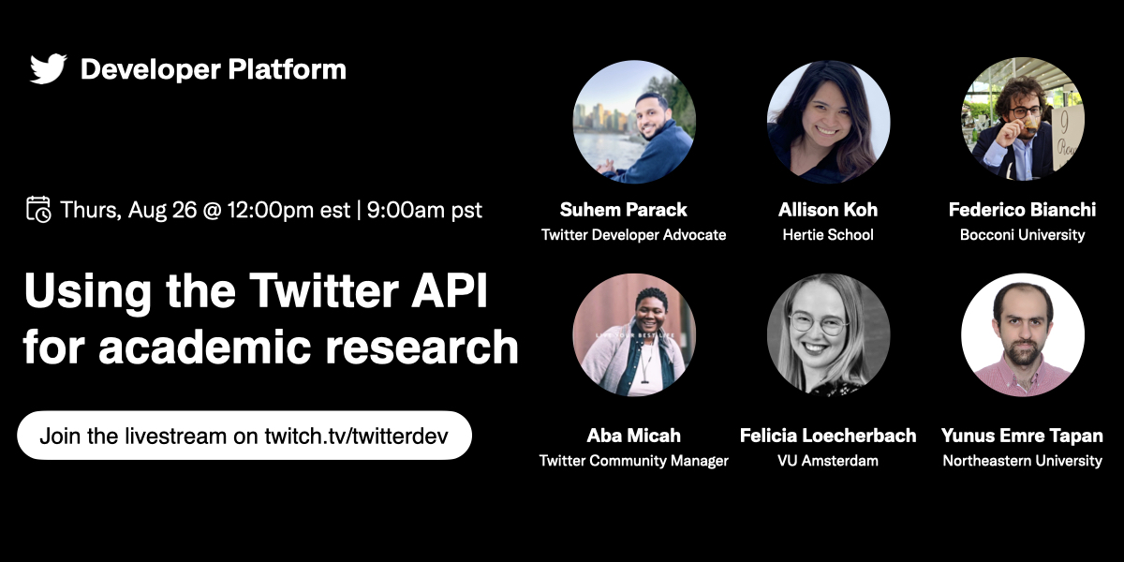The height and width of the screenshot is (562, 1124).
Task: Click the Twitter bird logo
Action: [48, 69]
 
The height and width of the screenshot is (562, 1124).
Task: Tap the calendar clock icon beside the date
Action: [38, 209]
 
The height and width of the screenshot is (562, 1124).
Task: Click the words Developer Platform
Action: [214, 69]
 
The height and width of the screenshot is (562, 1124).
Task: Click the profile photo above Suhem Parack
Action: [634, 122]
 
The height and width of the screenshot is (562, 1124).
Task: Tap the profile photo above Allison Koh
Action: [828, 122]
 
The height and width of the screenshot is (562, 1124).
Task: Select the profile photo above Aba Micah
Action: [634, 334]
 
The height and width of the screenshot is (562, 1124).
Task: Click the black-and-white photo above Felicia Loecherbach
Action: [828, 334]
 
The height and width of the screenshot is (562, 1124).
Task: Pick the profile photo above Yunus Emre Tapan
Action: [1023, 334]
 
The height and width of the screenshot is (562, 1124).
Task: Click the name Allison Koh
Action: [828, 209]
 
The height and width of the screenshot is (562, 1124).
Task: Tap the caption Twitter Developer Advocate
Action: [634, 234]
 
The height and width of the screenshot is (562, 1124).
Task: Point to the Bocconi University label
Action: [1023, 234]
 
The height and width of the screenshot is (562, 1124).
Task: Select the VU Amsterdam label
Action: [828, 460]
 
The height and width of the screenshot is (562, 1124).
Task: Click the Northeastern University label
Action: [1023, 460]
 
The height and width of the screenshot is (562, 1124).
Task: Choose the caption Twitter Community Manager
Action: [634, 460]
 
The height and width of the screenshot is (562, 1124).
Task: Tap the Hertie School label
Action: [828, 234]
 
